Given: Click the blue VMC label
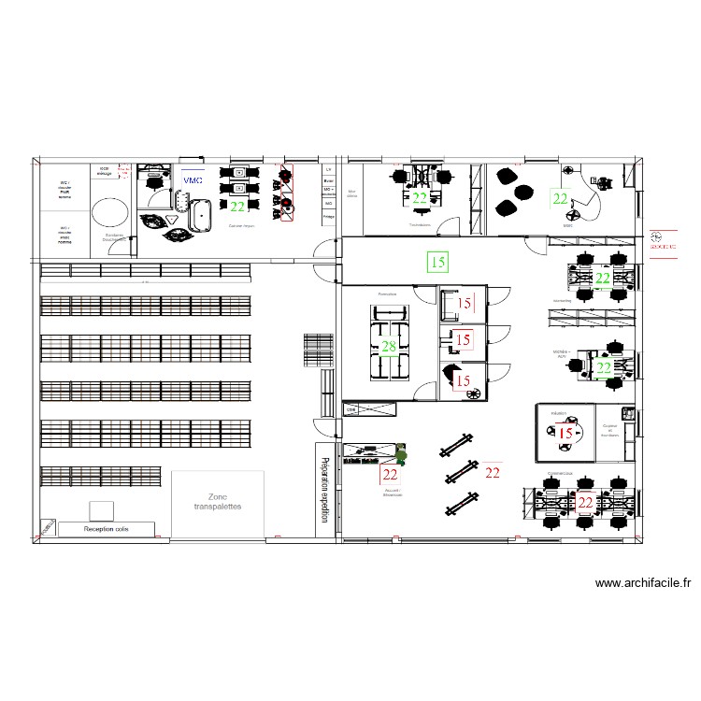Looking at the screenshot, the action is (193, 179).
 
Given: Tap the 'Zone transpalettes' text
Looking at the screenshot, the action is (218, 502).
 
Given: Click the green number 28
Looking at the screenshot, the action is (388, 347).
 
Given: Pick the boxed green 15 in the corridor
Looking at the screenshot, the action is (437, 262).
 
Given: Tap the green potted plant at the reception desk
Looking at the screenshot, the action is (401, 455).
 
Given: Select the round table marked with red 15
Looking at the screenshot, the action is (565, 433).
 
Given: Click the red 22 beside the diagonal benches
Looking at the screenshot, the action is (493, 472).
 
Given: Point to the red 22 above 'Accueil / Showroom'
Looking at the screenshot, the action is (390, 474).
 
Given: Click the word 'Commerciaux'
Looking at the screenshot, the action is (561, 473).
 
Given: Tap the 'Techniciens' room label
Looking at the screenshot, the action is (420, 225).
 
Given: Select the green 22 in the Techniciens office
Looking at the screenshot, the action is (421, 197).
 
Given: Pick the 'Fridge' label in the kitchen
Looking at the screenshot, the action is (328, 216).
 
